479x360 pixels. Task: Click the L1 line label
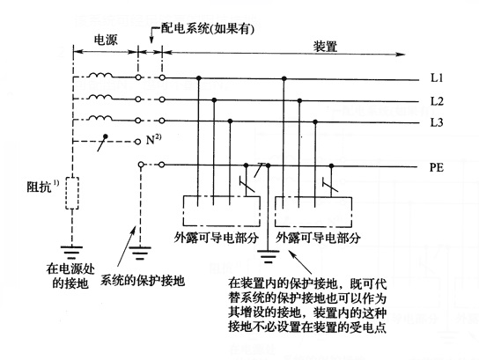pyautogui.click(x=437, y=77)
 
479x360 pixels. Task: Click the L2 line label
pyautogui.click(x=437, y=100)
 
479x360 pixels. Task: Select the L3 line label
pyautogui.click(x=437, y=122)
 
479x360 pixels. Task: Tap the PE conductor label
pyautogui.click(x=436, y=167)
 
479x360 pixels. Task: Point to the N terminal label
pyautogui.click(x=153, y=140)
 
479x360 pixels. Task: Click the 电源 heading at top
pyautogui.click(x=106, y=40)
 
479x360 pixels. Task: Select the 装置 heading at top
pyautogui.click(x=325, y=47)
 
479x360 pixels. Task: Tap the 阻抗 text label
pyautogui.click(x=43, y=187)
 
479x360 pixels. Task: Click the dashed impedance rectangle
pyautogui.click(x=72, y=194)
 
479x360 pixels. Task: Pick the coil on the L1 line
pyautogui.click(x=100, y=75)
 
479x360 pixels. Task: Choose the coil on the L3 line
pyautogui.click(x=100, y=119)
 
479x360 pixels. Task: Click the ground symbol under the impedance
pyautogui.click(x=72, y=252)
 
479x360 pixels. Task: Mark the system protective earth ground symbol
pyautogui.click(x=140, y=253)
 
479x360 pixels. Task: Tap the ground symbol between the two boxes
pyautogui.click(x=269, y=256)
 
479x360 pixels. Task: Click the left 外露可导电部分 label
pyautogui.click(x=217, y=238)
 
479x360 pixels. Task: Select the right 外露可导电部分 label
pyautogui.click(x=318, y=238)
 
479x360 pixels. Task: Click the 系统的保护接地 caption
pyautogui.click(x=143, y=280)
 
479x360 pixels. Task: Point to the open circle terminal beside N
pyautogui.click(x=138, y=142)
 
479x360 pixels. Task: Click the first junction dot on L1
pyautogui.click(x=199, y=78)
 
